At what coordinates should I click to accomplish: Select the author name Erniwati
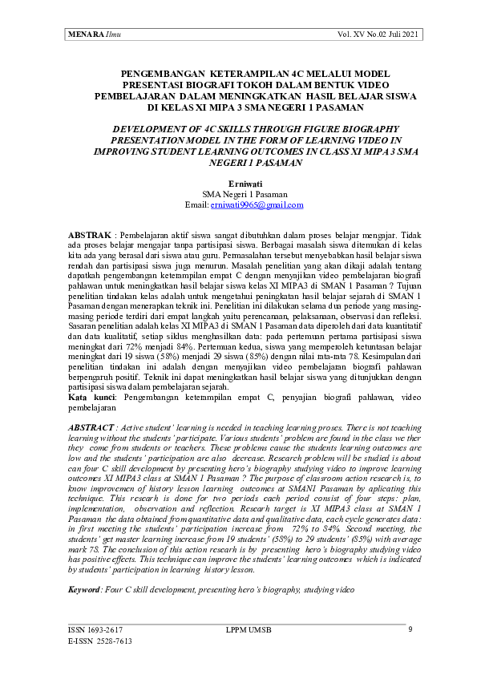[x=239, y=184]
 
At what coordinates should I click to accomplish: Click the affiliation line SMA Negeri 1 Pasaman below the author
[x=239, y=194]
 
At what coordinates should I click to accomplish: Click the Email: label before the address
[x=196, y=205]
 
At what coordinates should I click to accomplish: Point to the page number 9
[x=410, y=629]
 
